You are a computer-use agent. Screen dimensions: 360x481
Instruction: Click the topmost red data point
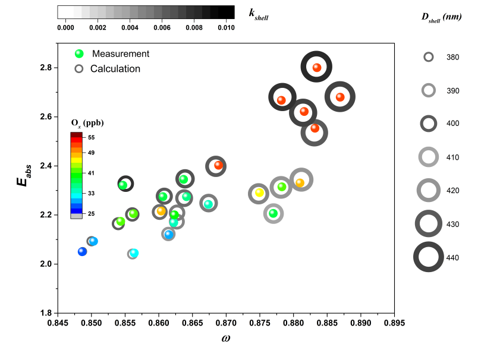pos(317,68)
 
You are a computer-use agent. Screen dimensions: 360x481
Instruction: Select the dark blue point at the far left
pos(83,252)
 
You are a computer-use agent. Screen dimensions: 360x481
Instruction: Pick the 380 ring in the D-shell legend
pos(429,57)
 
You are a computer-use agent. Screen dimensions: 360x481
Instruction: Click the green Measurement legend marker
pos(79,53)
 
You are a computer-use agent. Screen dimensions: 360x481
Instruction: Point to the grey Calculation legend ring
pos(79,69)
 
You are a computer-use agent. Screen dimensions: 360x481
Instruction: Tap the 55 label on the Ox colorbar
pos(91,137)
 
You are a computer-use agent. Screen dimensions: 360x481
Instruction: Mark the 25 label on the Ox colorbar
pos(91,213)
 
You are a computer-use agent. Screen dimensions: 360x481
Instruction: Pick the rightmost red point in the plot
pos(340,97)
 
